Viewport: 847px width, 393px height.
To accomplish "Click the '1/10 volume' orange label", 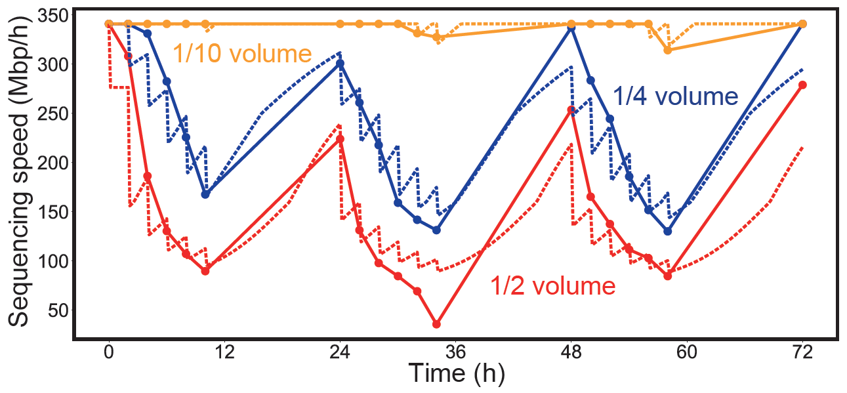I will coord(241,53).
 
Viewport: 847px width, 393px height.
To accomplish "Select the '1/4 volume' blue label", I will coord(675,96).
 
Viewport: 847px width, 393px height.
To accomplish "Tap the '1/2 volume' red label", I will coord(553,286).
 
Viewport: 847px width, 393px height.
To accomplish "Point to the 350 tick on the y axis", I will coord(48,16).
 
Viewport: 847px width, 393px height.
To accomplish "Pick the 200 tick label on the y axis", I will coord(48,163).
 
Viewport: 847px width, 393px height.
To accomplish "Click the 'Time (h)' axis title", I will coord(456,374).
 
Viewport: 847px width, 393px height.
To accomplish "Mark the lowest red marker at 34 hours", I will coord(436,324).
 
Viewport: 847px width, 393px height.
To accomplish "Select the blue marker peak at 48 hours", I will coord(571,28).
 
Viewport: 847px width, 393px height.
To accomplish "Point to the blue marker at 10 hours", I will coord(205,194).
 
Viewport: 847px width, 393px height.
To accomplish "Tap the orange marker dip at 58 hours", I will coord(667,50).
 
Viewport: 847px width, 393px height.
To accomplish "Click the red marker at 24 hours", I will coord(340,139).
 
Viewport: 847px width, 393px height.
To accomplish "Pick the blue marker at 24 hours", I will coord(340,64).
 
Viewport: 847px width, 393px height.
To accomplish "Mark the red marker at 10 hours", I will coord(205,271).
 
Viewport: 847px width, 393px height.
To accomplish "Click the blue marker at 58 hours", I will coord(667,231).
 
